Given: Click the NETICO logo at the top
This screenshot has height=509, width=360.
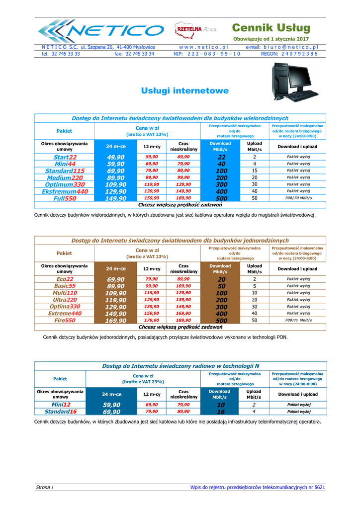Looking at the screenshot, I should [99, 31].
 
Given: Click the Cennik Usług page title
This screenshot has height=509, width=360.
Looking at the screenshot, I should [271, 27].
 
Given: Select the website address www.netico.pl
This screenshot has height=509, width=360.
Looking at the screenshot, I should [206, 47].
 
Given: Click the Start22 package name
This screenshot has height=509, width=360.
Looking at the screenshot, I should [65, 157].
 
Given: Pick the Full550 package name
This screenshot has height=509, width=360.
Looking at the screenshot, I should [65, 198].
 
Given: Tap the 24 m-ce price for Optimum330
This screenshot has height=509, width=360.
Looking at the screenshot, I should [116, 184].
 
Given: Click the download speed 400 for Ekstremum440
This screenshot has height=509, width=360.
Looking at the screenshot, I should [221, 191].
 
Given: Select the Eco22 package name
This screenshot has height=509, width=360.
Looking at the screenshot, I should [65, 279].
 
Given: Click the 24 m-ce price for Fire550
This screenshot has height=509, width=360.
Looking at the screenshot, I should [116, 321].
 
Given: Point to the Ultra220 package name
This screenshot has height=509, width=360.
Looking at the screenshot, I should [65, 300].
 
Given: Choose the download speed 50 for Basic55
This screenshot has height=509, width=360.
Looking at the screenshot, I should [221, 286].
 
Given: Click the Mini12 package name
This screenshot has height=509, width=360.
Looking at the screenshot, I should [60, 405].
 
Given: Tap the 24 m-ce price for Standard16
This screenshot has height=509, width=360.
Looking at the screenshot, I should [112, 412].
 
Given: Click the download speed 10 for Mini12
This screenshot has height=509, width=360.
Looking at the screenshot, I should [221, 405].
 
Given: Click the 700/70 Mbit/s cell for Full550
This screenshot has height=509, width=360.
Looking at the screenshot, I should [298, 198].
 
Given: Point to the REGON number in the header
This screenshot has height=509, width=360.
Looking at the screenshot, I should [288, 54].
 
